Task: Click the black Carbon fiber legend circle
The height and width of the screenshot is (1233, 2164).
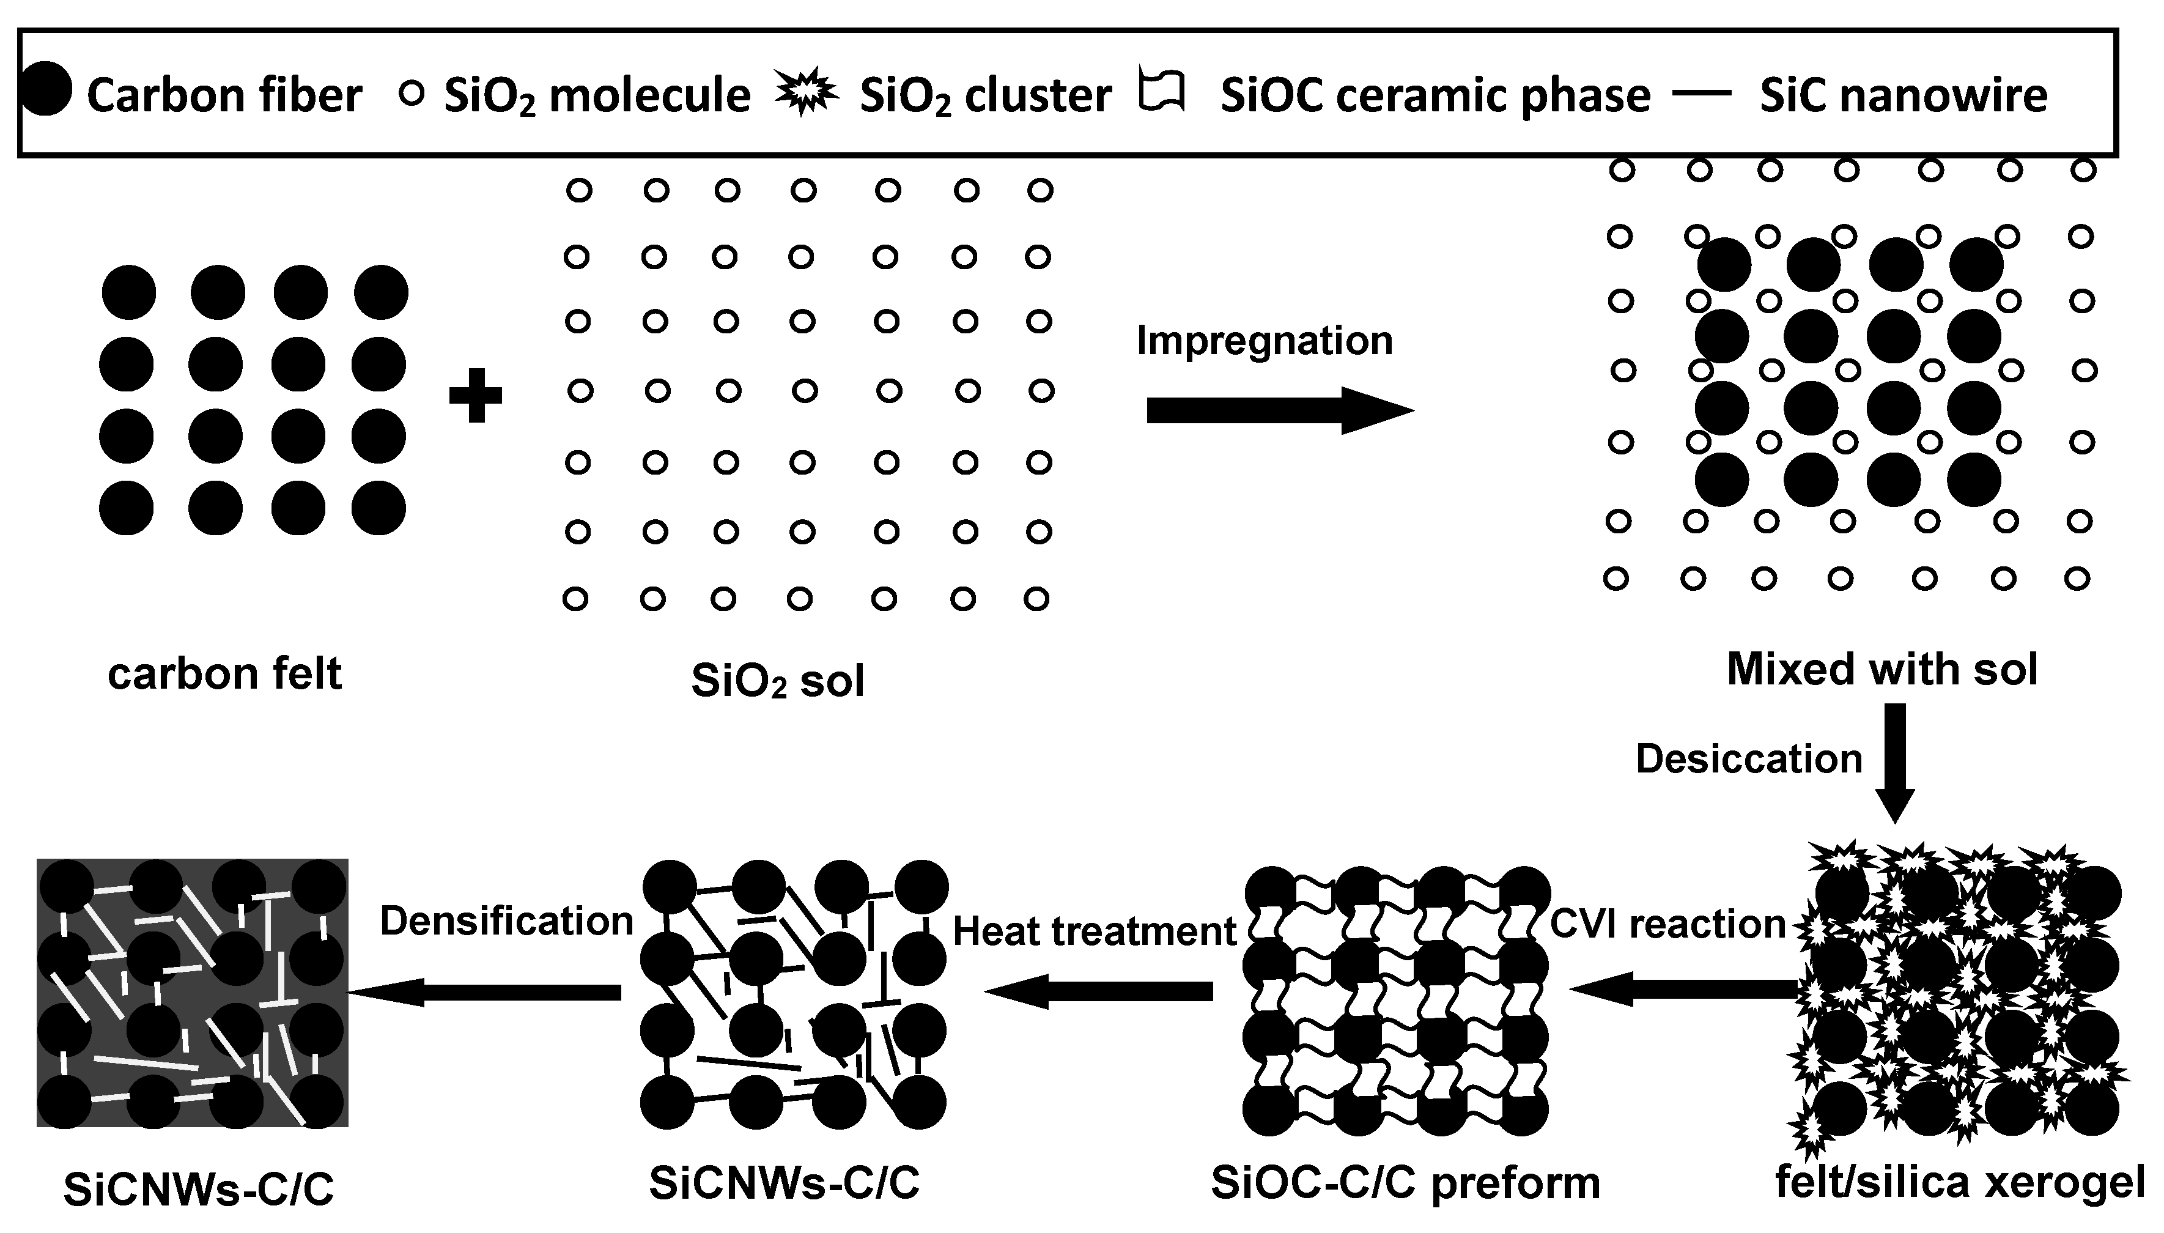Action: click(x=46, y=90)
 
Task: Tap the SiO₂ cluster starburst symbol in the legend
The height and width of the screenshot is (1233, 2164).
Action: click(x=805, y=92)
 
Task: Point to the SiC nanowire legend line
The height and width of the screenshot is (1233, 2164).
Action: click(x=1702, y=93)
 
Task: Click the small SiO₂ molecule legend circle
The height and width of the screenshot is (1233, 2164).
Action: click(x=411, y=93)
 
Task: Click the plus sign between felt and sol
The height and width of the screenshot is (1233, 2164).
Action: click(x=475, y=396)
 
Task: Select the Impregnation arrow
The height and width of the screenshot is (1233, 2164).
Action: click(x=1279, y=411)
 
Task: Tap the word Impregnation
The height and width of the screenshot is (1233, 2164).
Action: click(x=1264, y=341)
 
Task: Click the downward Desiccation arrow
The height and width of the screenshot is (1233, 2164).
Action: click(x=1895, y=762)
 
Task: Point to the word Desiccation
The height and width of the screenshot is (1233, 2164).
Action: click(x=1749, y=759)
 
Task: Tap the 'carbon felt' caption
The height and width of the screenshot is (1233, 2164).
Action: click(x=224, y=674)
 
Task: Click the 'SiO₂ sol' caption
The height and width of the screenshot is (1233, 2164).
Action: click(x=777, y=680)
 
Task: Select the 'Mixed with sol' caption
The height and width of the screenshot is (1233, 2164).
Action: click(x=1881, y=669)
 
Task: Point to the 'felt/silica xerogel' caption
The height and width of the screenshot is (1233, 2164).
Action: click(x=1959, y=1182)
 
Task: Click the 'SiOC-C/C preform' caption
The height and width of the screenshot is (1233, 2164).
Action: click(x=1405, y=1183)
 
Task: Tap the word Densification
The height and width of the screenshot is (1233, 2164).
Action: click(x=506, y=921)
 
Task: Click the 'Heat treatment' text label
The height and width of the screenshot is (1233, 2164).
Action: click(x=1094, y=931)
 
